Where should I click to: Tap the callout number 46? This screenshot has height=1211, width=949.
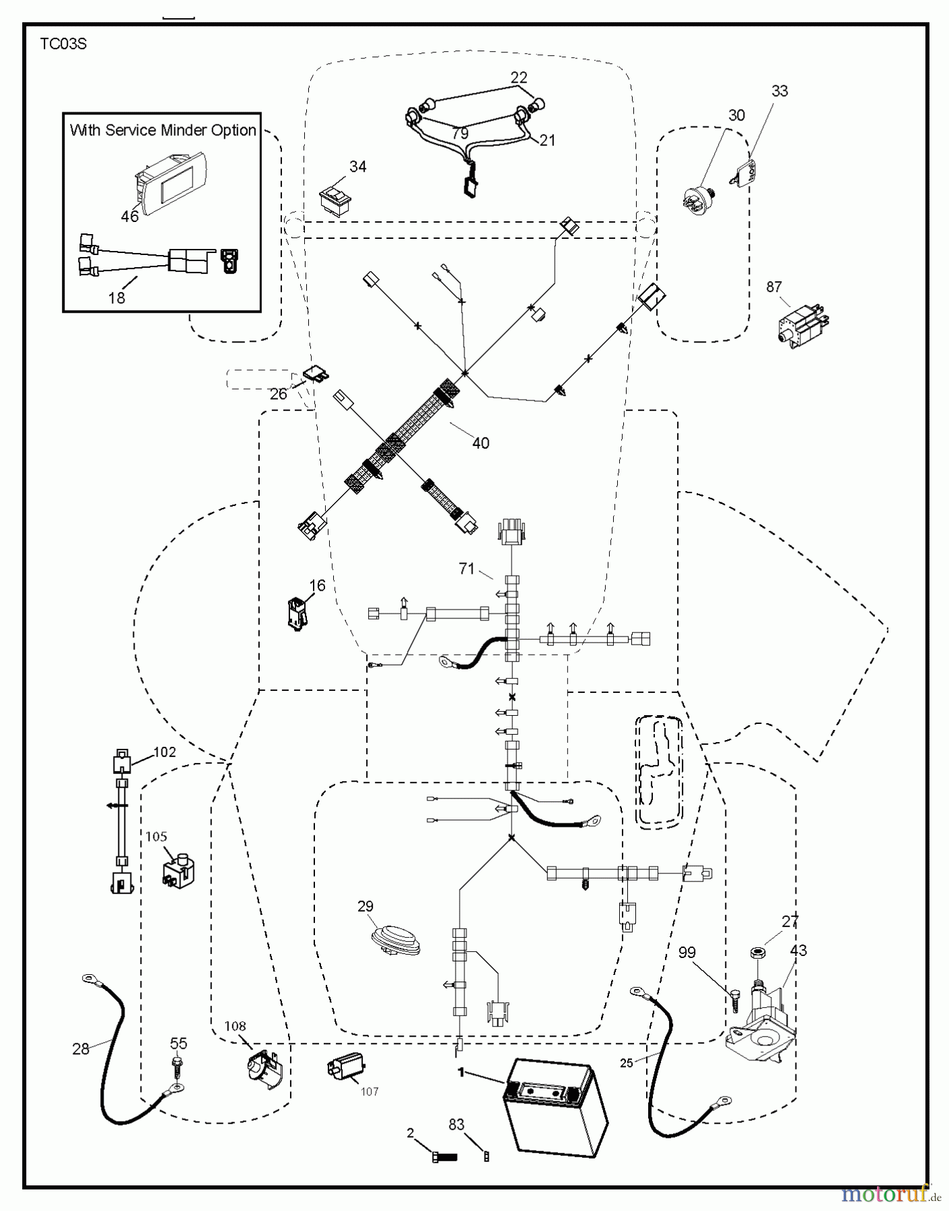[129, 216]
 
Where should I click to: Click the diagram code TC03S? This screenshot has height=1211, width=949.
[63, 44]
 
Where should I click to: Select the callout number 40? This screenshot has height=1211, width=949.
[481, 443]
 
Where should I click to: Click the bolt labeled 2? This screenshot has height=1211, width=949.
[443, 1157]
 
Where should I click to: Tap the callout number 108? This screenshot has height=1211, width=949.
[235, 1026]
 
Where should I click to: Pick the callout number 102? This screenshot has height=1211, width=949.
[165, 751]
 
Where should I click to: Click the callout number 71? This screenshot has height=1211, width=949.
[467, 568]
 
